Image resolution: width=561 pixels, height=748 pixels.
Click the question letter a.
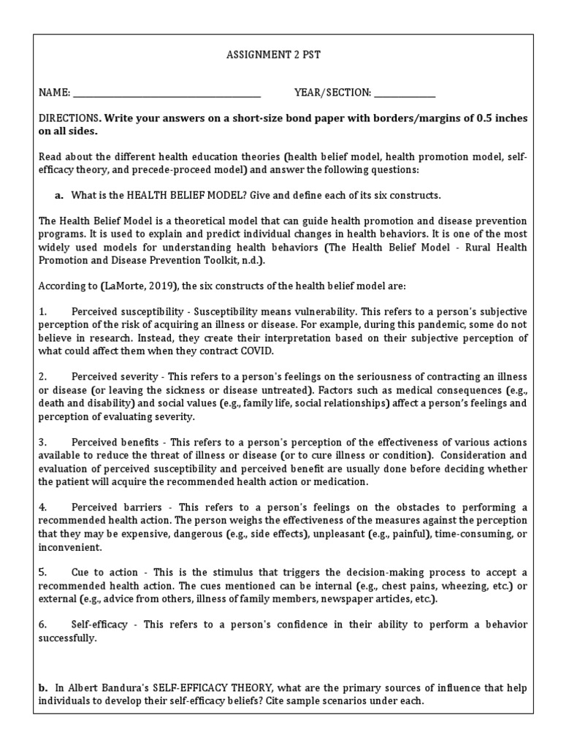pos(58,196)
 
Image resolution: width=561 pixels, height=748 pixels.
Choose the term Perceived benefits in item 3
pos(107,443)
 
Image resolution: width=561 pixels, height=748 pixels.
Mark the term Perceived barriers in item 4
pos(109,508)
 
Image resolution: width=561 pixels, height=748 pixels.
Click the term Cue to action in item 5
pos(98,573)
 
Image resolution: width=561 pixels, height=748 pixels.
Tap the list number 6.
pos(42,625)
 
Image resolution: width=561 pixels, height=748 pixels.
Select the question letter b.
pos(42,689)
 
